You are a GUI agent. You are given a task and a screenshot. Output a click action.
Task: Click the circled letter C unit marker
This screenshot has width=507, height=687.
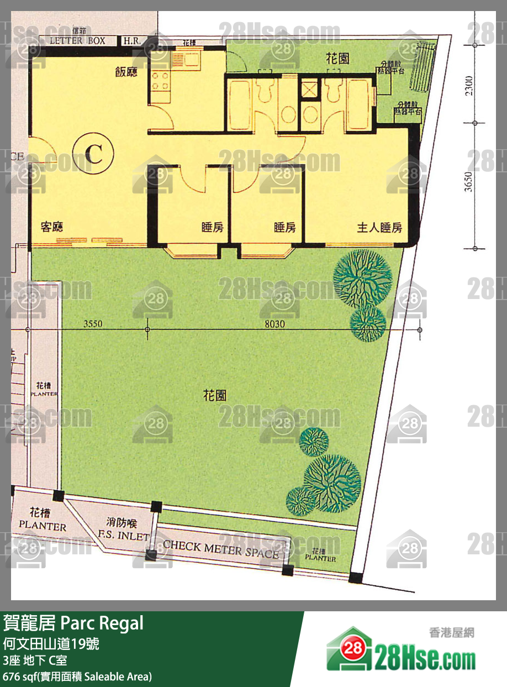93,154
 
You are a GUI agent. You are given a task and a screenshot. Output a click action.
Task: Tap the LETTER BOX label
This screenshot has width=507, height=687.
77,41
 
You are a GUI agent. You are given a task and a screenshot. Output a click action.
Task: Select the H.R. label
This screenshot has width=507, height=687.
131,41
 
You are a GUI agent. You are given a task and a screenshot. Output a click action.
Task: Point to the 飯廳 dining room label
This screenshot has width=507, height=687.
126,72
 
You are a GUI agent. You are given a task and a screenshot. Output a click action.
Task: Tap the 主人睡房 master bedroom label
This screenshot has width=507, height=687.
379,227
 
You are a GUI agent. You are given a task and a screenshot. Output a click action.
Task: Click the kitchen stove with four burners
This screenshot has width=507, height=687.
160,81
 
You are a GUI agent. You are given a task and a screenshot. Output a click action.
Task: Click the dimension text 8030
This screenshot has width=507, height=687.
274,324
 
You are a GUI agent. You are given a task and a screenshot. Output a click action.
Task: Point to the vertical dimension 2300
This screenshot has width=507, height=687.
468,86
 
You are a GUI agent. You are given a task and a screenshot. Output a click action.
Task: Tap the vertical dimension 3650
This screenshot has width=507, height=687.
468,181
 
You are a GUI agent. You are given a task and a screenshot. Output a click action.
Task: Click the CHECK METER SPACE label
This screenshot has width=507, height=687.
221,548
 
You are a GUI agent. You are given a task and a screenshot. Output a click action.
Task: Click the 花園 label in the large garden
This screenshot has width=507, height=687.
214,396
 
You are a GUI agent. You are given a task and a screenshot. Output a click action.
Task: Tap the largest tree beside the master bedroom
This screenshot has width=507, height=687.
363,277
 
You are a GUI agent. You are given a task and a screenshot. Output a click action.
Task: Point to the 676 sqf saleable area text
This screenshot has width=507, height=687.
77,676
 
